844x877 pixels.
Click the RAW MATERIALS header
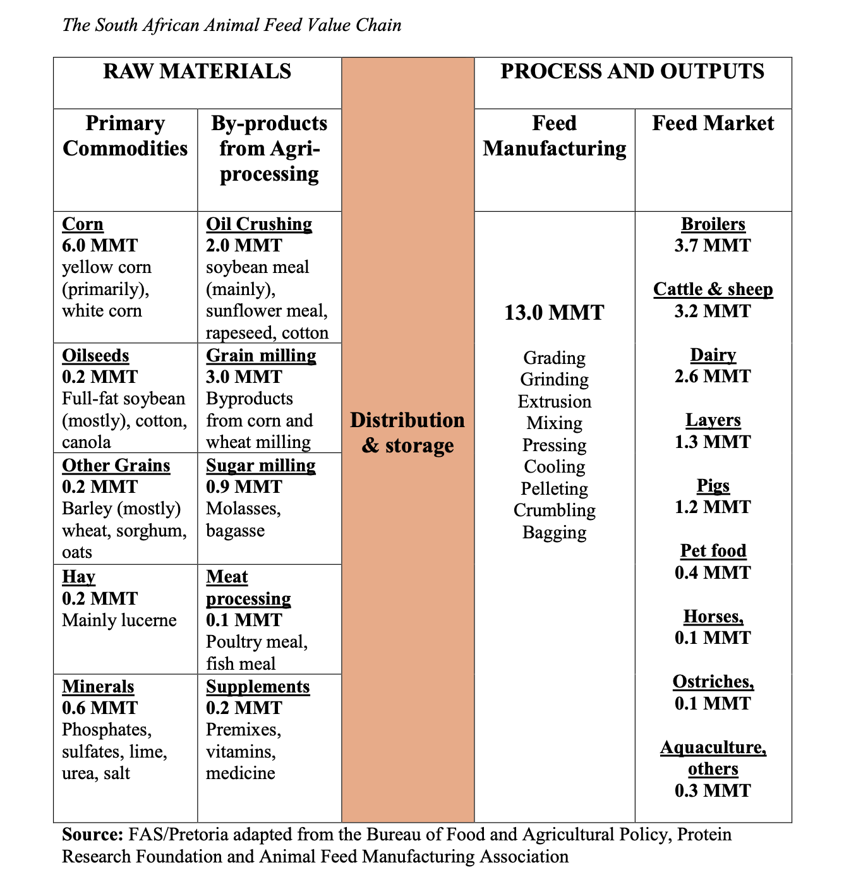click(x=197, y=71)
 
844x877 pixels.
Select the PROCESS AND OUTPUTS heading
click(x=632, y=71)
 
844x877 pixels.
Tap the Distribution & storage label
click(x=407, y=433)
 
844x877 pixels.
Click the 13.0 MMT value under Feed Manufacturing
click(x=554, y=312)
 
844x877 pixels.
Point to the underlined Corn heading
click(x=83, y=224)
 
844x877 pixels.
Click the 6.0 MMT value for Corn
click(x=100, y=246)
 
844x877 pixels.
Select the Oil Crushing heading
click(x=259, y=224)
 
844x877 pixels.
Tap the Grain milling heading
click(x=261, y=356)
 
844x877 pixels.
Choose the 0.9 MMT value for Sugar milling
click(x=244, y=487)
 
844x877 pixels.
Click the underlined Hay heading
click(x=78, y=577)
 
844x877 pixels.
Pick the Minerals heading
click(x=98, y=687)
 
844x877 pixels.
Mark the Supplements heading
click(x=258, y=687)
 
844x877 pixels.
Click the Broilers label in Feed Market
click(x=713, y=224)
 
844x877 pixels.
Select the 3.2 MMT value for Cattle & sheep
click(x=713, y=311)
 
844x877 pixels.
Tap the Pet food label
click(x=713, y=551)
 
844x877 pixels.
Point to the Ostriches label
click(x=713, y=682)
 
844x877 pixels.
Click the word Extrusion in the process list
click(x=554, y=402)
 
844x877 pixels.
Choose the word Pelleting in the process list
click(x=554, y=489)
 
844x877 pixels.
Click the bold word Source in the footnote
click(x=92, y=835)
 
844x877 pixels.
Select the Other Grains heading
click(x=116, y=466)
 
